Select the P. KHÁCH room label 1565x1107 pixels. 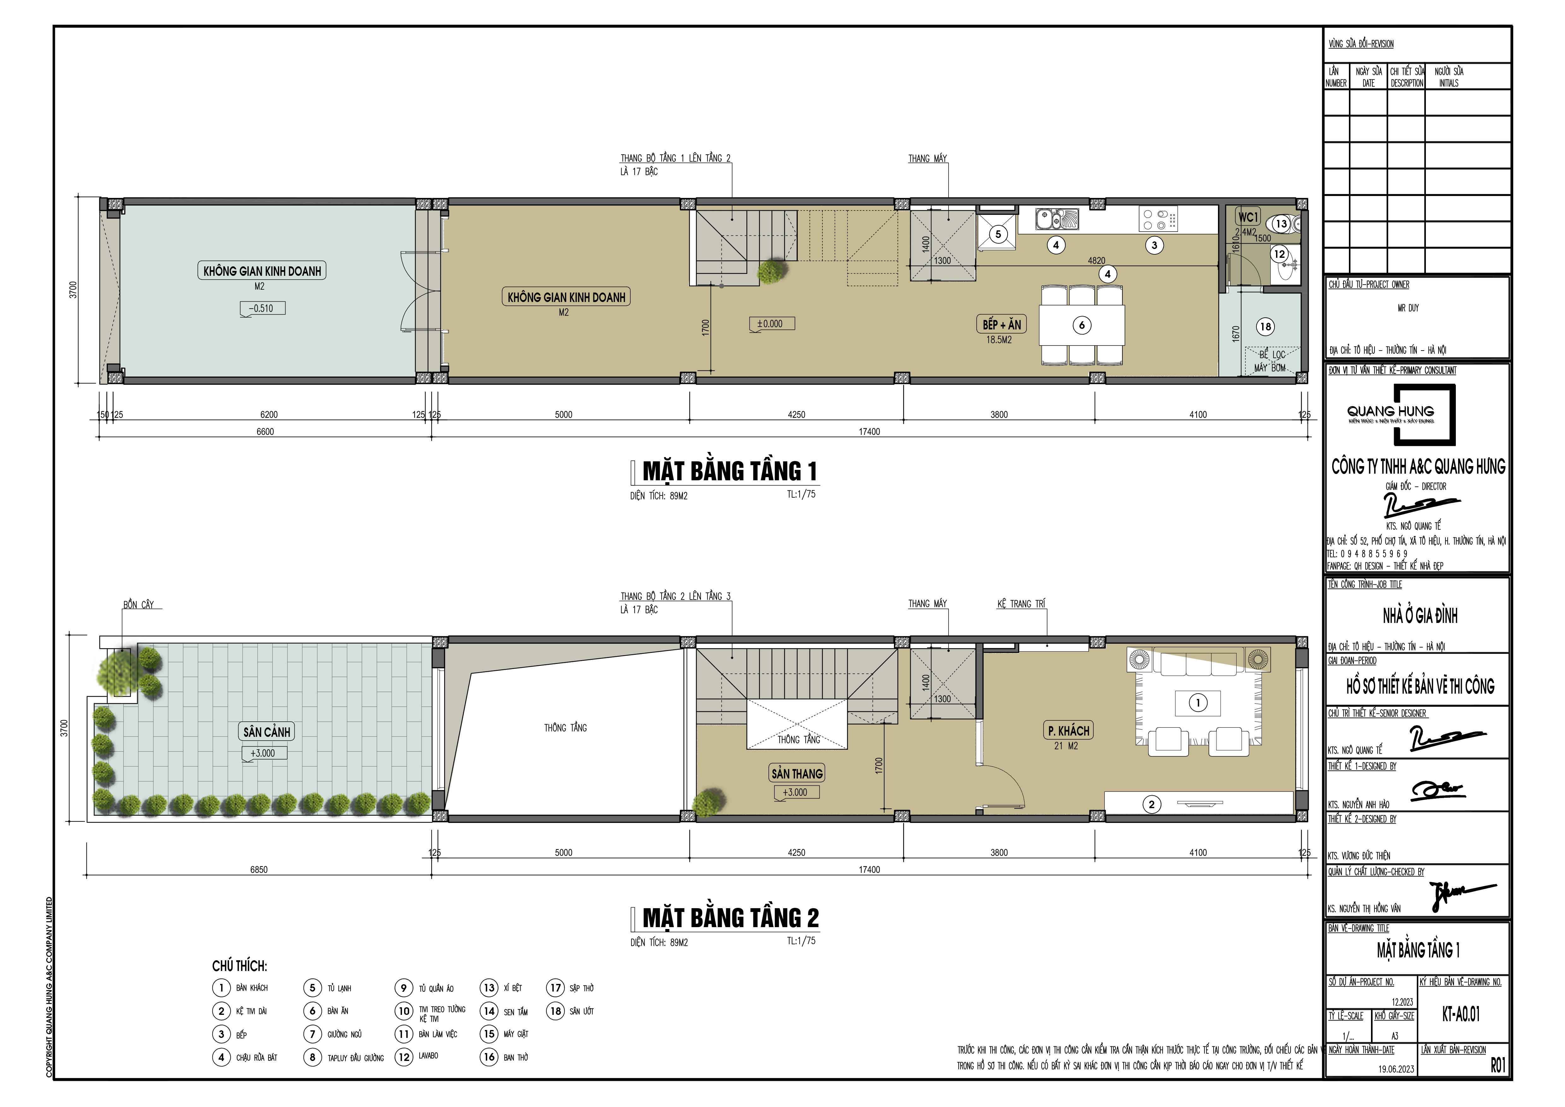click(x=1068, y=731)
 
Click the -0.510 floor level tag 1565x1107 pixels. click(x=262, y=308)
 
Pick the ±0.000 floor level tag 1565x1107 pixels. click(x=771, y=324)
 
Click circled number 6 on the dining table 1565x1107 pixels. click(x=1082, y=325)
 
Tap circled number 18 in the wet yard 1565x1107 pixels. click(x=1266, y=327)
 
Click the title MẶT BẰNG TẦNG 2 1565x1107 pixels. click(x=730, y=918)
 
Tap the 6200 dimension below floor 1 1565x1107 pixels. click(x=268, y=414)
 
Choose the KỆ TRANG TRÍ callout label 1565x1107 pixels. click(x=1021, y=604)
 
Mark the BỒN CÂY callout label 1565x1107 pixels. click(x=138, y=605)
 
